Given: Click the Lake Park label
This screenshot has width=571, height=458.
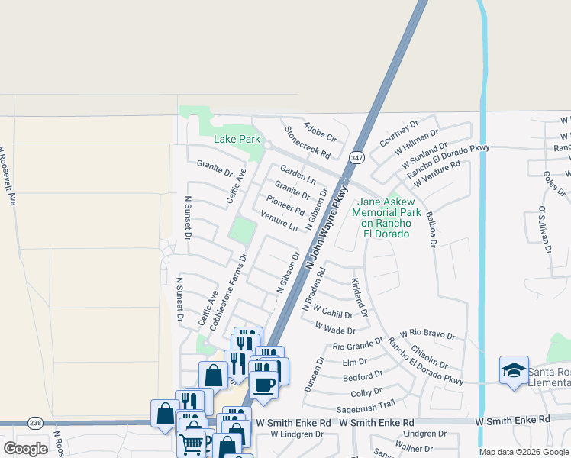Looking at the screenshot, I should coord(237,139).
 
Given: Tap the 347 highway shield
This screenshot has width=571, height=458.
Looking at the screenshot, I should coord(356,157).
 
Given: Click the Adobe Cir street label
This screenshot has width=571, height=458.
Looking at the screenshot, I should coord(320,132).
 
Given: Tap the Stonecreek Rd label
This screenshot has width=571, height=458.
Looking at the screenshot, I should coord(307,142).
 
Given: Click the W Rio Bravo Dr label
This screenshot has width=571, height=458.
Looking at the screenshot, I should coord(427,334).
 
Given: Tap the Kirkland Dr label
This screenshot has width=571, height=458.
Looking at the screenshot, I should coord(360,298).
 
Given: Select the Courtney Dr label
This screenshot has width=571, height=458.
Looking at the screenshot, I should coord(399,133).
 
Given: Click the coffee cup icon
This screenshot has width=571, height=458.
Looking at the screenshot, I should coord(263,384).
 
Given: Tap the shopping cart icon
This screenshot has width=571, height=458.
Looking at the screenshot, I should coord(194,442).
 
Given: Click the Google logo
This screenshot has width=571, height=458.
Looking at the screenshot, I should coord(26,449).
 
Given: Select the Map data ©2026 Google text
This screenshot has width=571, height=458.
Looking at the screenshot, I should coord(523,452).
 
